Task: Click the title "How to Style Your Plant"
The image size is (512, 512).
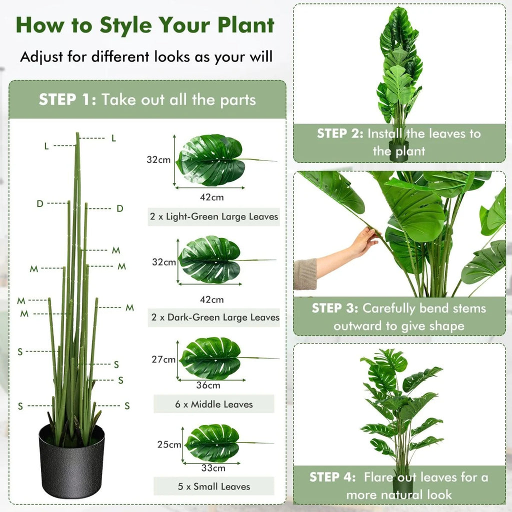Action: (x=145, y=25)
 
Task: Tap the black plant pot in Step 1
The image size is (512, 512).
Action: (x=71, y=460)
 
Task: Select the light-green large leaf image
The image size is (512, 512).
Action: (x=212, y=160)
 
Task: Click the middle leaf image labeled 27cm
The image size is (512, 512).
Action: (x=211, y=358)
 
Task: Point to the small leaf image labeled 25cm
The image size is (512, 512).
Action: (x=213, y=442)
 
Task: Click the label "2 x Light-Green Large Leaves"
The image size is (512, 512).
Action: (x=214, y=217)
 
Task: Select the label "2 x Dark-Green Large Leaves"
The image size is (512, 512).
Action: (x=214, y=317)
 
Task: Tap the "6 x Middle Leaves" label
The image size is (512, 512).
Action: (x=214, y=404)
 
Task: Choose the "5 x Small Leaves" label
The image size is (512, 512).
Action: (x=214, y=486)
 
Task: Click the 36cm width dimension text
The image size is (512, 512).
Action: (x=207, y=385)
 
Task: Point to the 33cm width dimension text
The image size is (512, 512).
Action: (x=213, y=468)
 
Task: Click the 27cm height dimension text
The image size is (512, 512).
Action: (x=163, y=359)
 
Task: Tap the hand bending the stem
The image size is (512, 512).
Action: (x=363, y=243)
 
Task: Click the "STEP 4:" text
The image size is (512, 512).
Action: (x=333, y=477)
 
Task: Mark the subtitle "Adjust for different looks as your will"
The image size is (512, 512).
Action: (x=146, y=56)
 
